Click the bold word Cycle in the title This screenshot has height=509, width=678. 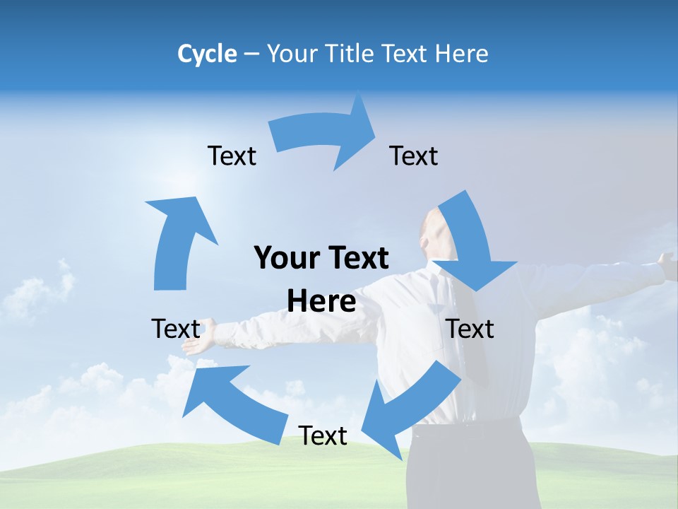207,54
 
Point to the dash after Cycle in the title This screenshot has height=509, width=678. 251,54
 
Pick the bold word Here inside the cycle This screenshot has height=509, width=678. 321,302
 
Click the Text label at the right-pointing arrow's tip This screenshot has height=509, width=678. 414,156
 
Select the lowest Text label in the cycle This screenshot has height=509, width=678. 323,435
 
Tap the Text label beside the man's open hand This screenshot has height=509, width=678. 176,329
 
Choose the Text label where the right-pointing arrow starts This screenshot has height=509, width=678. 232,156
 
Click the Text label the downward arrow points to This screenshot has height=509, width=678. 470,329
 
